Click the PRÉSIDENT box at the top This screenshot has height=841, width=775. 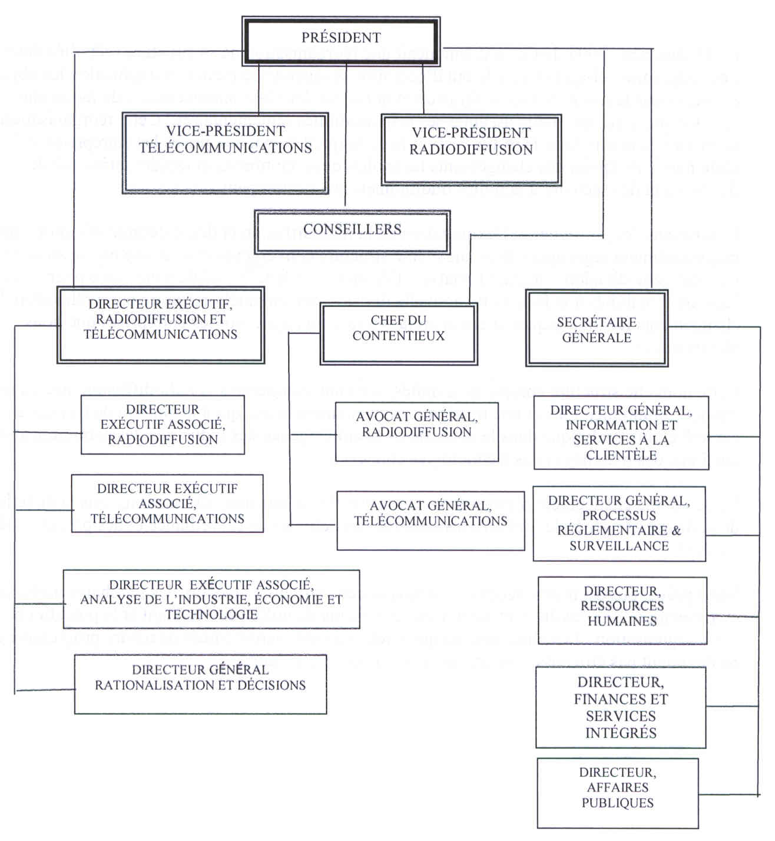341,38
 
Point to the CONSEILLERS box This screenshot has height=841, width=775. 352,230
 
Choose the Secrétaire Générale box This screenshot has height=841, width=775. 597,329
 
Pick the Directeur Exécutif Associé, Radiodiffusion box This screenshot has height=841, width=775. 163,425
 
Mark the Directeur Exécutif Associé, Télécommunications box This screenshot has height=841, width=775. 167,504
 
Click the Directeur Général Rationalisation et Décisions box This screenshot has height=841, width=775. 200,684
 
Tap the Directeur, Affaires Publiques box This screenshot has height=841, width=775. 618,793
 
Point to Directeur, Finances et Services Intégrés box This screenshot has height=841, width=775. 621,707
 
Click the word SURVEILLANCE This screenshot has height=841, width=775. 619,546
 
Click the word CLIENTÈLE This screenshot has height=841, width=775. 621,455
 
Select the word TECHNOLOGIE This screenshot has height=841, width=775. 211,615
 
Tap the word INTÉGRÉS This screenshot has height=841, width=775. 621,733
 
